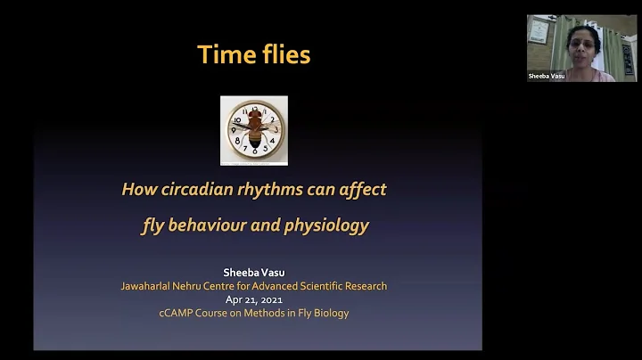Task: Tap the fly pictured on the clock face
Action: [254, 130]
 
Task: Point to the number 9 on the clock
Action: [233, 130]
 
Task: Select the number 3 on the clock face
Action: [276, 130]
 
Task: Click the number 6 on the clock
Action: [254, 152]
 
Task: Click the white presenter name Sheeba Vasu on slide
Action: [254, 273]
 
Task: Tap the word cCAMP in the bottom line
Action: [178, 313]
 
